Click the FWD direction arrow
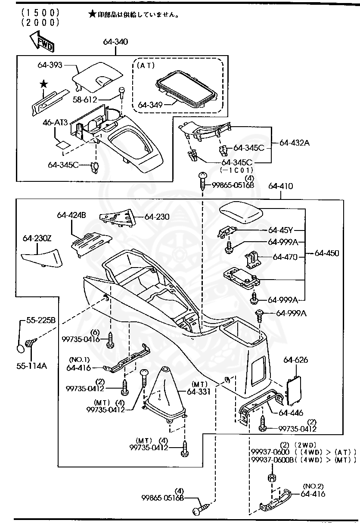(42, 42)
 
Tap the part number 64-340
(115, 42)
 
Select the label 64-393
(50, 65)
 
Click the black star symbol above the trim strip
(43, 84)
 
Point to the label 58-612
(85, 100)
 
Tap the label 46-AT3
(55, 123)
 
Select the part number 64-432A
(294, 143)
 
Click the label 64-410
(280, 187)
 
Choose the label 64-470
(285, 257)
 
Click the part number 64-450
(326, 253)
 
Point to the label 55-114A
(32, 366)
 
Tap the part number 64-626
(295, 360)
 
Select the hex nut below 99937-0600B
(272, 478)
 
